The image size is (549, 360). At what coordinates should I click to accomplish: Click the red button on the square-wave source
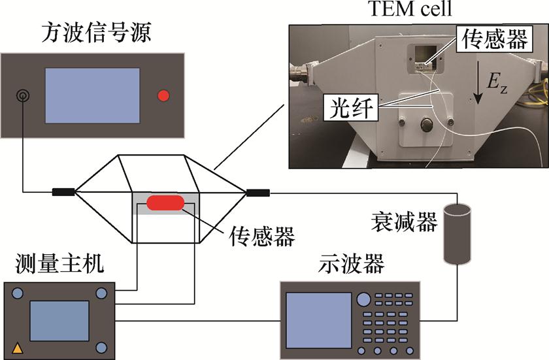point(163,96)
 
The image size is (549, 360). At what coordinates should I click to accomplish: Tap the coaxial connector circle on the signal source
point(23,96)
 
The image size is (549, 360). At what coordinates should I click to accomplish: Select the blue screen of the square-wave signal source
point(92,95)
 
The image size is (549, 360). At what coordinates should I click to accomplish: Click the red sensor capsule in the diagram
point(165,203)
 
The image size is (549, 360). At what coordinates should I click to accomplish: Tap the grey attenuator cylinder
point(457,233)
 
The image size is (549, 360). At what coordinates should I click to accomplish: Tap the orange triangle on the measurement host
point(18,348)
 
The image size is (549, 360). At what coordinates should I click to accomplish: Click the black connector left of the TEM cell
point(63,192)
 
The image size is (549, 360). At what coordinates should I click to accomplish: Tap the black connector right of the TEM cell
point(257,192)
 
